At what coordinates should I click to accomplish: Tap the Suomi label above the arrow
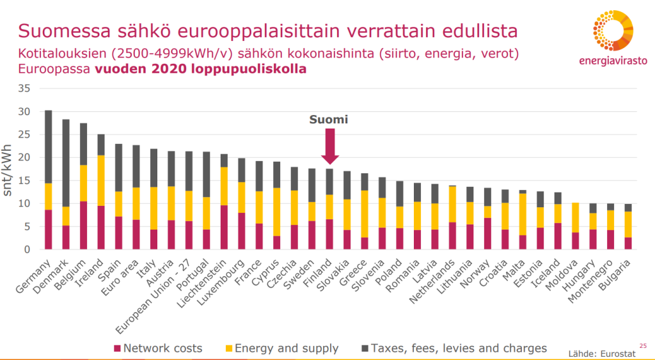click(x=328, y=120)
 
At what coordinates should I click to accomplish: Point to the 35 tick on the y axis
click(x=24, y=88)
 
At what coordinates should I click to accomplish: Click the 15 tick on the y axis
click(x=24, y=180)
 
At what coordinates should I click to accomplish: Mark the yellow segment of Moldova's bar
click(x=575, y=217)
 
